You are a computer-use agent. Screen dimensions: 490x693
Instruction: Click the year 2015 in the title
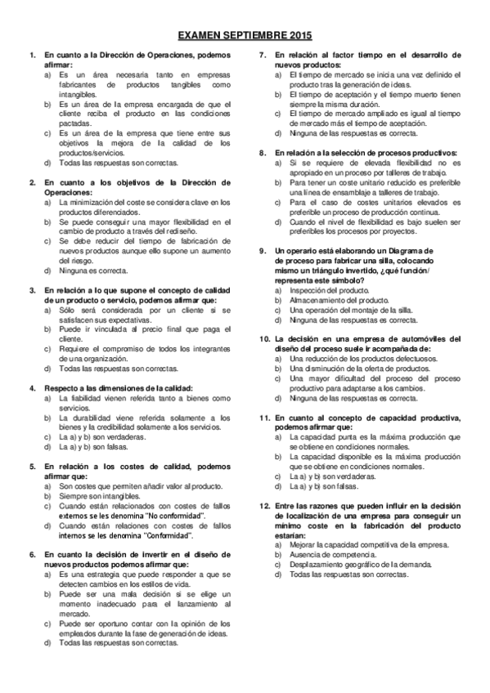point(297,37)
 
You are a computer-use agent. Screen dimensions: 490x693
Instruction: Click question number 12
point(264,506)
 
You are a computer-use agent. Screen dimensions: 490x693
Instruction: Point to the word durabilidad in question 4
point(88,418)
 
